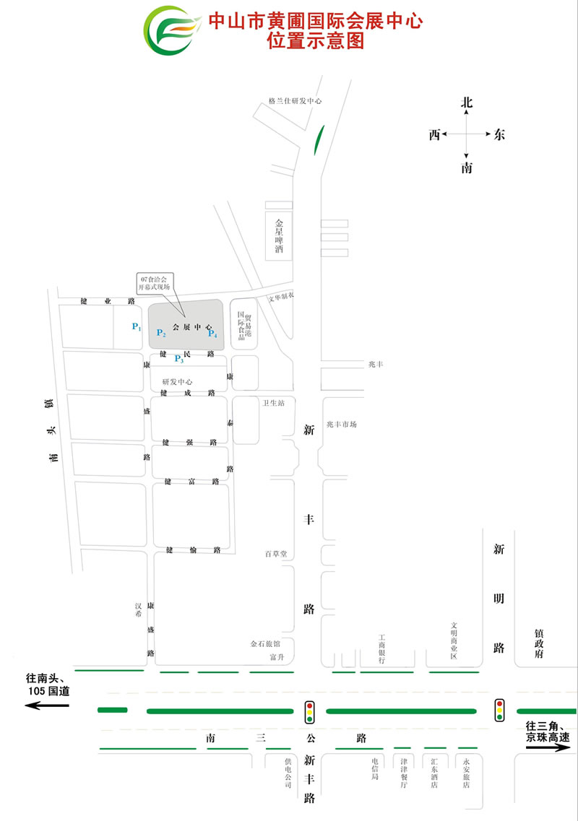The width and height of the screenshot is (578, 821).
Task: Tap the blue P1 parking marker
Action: click(137, 327)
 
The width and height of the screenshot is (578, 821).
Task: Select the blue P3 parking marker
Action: click(179, 360)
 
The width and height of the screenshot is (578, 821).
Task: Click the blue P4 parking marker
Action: click(212, 333)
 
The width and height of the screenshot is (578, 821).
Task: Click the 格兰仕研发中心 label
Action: click(294, 102)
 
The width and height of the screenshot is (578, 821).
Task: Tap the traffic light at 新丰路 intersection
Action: click(310, 712)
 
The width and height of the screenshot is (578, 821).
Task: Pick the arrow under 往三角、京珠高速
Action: click(548, 748)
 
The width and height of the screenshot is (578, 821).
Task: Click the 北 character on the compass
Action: click(467, 103)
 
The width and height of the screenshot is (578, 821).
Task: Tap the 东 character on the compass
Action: click(499, 134)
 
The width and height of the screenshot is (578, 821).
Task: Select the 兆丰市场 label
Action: click(341, 424)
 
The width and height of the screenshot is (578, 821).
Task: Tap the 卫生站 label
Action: click(274, 403)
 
